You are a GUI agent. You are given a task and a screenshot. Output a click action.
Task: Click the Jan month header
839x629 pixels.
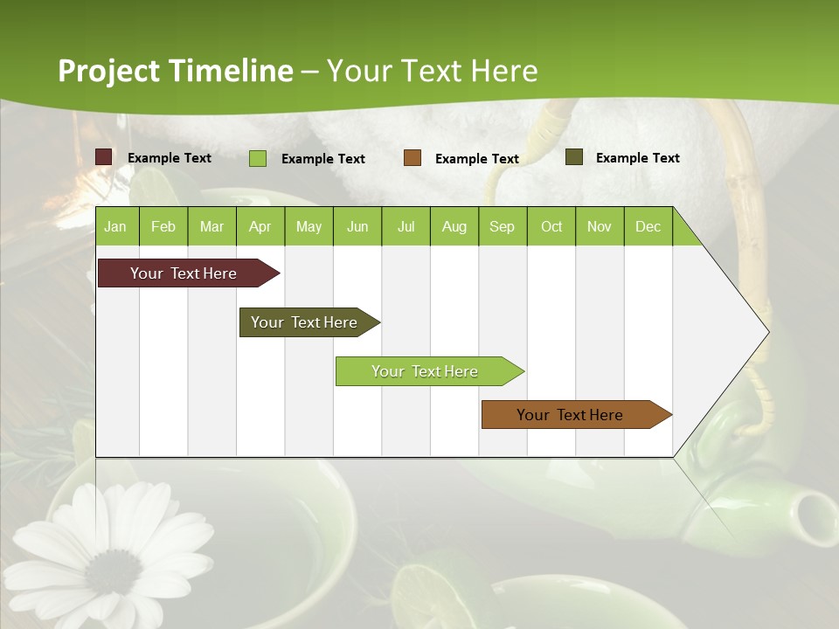[x=115, y=226]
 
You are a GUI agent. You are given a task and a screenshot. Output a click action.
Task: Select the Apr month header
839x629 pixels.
[x=260, y=226]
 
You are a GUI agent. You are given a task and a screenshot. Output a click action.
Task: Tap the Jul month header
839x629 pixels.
[x=406, y=226]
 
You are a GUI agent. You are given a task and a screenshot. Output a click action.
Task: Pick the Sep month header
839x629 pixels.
[x=502, y=226]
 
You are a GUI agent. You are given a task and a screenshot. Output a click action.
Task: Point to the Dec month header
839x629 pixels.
[x=648, y=226]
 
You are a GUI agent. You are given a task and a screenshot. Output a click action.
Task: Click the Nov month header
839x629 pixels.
[x=599, y=226]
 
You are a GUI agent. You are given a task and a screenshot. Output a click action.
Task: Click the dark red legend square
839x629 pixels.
[x=104, y=157]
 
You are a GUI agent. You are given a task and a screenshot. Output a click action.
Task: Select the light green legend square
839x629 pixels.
[x=257, y=158]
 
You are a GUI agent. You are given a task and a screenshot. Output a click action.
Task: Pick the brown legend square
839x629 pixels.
[x=413, y=158]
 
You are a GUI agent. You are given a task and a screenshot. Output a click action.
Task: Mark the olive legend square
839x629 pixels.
[x=573, y=157]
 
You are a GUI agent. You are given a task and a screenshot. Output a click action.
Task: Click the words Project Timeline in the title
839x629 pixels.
[x=175, y=71]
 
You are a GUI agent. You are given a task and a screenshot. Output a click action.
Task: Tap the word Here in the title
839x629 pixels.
[x=504, y=71]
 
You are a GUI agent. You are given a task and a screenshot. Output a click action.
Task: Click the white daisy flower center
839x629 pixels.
[x=112, y=572]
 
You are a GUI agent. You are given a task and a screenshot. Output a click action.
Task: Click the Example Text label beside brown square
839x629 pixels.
[x=476, y=158]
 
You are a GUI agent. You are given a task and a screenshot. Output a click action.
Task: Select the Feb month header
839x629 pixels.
[x=163, y=226]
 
